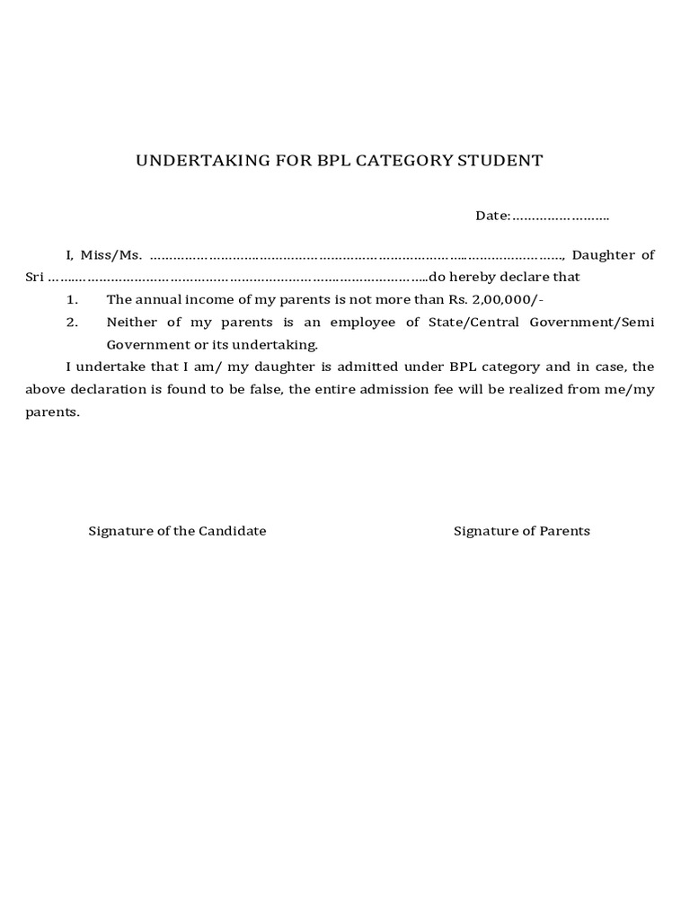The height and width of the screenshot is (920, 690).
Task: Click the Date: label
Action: coord(493,216)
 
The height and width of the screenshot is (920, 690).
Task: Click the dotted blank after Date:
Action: coord(561,217)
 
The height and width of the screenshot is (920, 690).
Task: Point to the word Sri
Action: coord(34,277)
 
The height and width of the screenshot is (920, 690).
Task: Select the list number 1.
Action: coord(73,299)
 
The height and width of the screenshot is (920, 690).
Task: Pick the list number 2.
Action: coord(73,322)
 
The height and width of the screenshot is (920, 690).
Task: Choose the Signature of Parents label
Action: coord(521,530)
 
